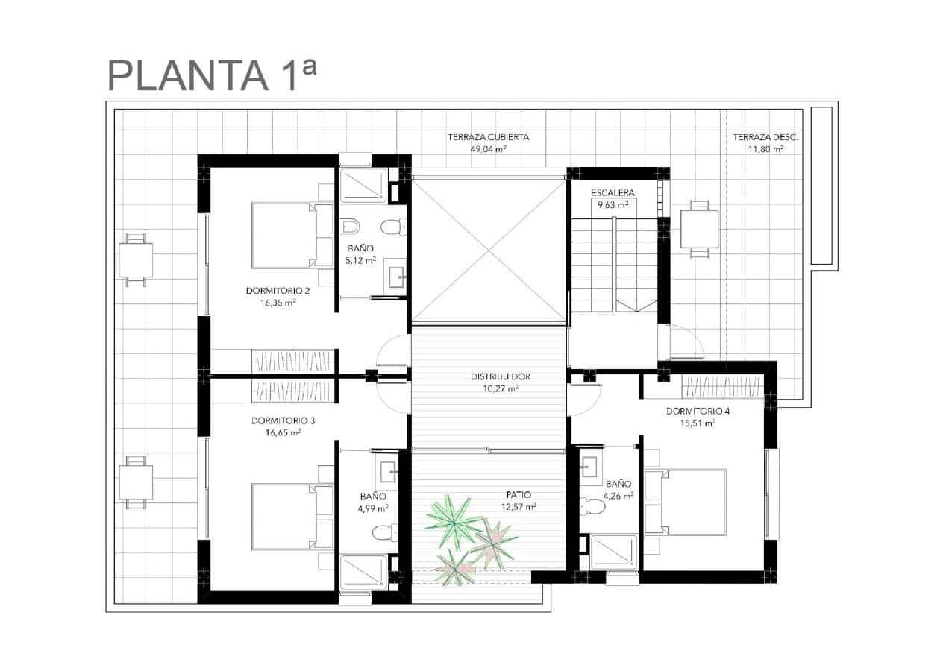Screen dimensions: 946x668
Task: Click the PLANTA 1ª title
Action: coord(212,75)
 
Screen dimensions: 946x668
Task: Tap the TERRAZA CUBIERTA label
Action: coord(488,137)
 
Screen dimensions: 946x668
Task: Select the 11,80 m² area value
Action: coord(766,149)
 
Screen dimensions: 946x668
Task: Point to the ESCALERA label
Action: coord(613,193)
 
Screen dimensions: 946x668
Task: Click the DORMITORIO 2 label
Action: coord(278,291)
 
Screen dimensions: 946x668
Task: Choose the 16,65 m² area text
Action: coord(283,432)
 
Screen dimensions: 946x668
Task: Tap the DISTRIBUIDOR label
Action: coord(501,376)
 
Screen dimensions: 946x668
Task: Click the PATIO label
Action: coord(519,494)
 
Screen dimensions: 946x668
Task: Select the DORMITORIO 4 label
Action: coord(698,411)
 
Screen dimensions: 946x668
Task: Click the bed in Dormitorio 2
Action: coord(292,236)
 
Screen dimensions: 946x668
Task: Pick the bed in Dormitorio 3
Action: coord(292,517)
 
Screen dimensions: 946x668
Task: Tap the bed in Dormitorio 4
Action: coord(686,502)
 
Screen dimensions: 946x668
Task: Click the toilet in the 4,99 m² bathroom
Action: coord(384,532)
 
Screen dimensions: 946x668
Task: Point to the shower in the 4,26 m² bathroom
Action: coord(614,552)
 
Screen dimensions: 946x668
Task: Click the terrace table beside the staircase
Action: coord(699,229)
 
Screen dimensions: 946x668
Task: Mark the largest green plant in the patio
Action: coord(453,523)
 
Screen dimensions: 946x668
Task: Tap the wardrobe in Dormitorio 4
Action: coord(723,387)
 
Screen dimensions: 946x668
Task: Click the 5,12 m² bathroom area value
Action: coord(360,261)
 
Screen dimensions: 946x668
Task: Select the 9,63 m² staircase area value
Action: coord(613,206)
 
